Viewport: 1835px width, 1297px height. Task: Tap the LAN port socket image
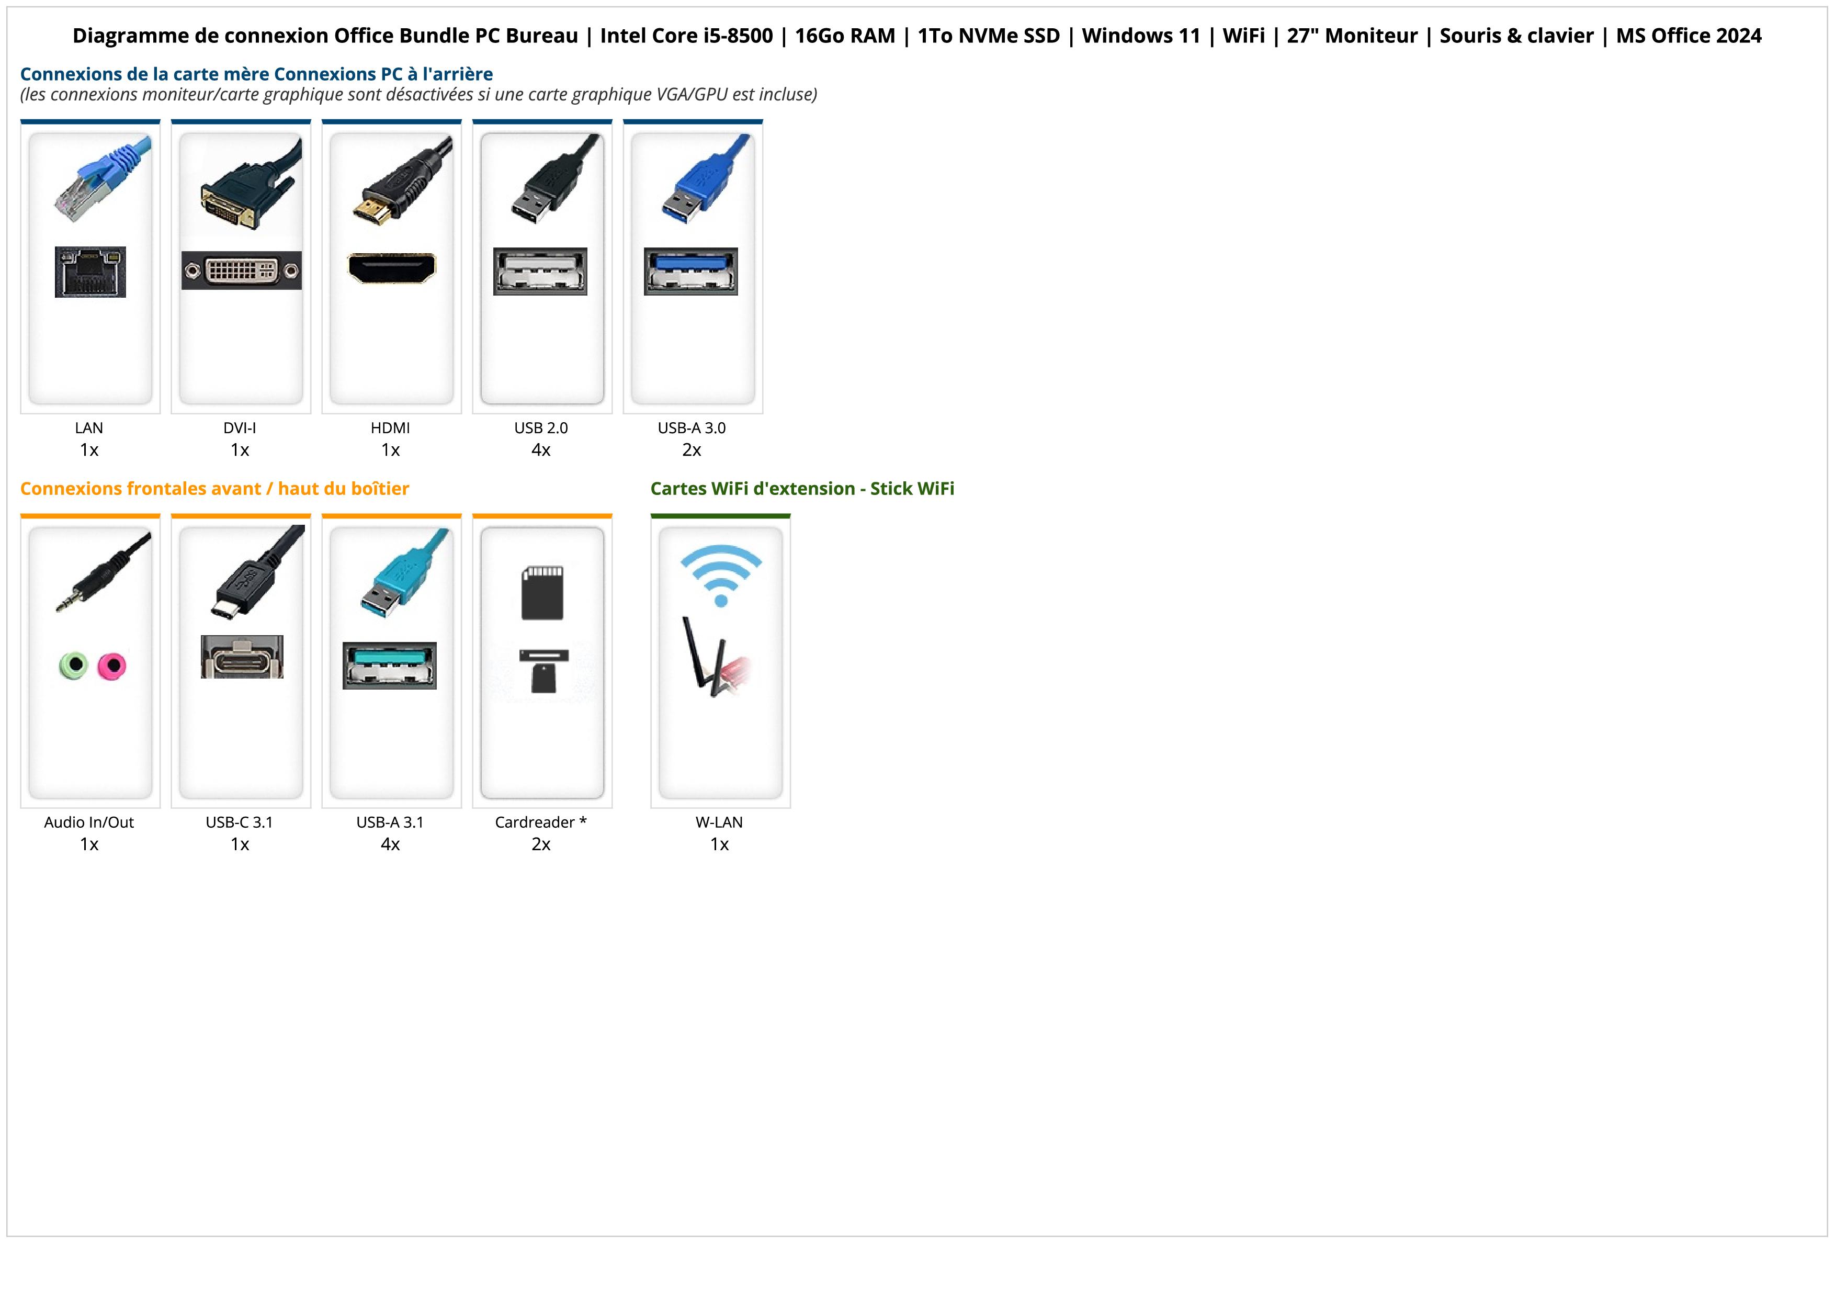coord(90,272)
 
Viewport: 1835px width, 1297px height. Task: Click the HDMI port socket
coord(392,268)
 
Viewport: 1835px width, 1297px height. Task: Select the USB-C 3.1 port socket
coord(241,658)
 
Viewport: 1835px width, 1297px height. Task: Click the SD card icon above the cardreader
coord(542,593)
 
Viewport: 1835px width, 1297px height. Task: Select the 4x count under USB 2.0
coord(541,450)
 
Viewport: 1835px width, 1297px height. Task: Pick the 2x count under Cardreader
coord(541,844)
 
